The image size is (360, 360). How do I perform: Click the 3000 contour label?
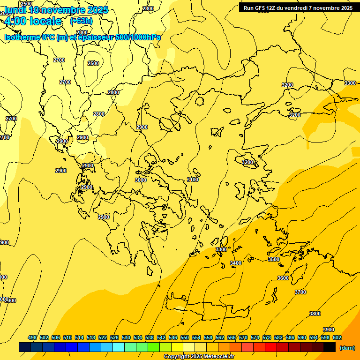(141, 180)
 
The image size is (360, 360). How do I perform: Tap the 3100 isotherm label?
(193, 180)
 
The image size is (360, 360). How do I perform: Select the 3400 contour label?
(236, 263)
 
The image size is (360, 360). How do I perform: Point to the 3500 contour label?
(273, 259)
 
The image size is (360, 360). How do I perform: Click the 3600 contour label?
(283, 278)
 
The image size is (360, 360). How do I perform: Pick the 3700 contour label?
(300, 292)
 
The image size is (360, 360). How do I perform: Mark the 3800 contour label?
(315, 314)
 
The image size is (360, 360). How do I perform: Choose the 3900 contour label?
(329, 330)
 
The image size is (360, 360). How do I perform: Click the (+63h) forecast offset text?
(81, 21)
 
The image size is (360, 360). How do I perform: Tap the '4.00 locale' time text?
(33, 21)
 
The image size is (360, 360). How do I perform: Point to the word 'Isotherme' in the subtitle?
(22, 37)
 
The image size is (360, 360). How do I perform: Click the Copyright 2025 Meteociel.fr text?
(199, 356)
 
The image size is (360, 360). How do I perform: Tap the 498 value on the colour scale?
(32, 337)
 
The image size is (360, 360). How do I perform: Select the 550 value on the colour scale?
(185, 337)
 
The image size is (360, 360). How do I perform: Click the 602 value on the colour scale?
(337, 337)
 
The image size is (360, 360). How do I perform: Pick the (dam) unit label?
(347, 348)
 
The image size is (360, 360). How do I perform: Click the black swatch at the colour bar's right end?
(330, 347)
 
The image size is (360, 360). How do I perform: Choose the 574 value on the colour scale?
(255, 337)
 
